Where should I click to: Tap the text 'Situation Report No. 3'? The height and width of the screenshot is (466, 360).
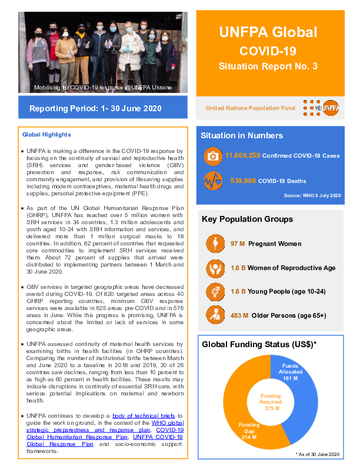point(268,66)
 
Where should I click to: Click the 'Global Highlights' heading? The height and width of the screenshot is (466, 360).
point(46,135)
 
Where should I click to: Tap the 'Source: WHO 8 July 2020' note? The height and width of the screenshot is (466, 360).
point(312,195)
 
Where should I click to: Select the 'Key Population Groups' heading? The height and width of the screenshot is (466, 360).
point(247,219)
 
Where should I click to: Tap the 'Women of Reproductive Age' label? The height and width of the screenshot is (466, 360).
point(292,268)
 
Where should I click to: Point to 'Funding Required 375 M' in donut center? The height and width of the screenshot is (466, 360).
point(271,402)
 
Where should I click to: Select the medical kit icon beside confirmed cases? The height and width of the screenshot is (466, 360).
point(212,157)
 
